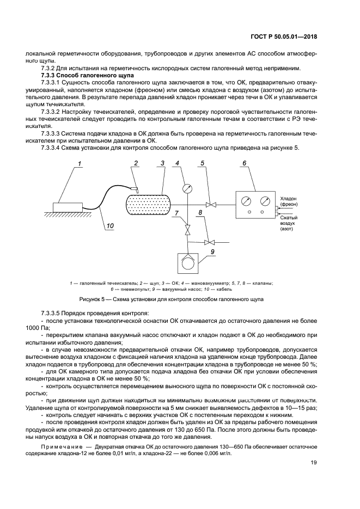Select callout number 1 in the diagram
point(80,163)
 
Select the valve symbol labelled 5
point(213,204)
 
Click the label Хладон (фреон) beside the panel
point(289,202)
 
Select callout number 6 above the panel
point(245,163)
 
